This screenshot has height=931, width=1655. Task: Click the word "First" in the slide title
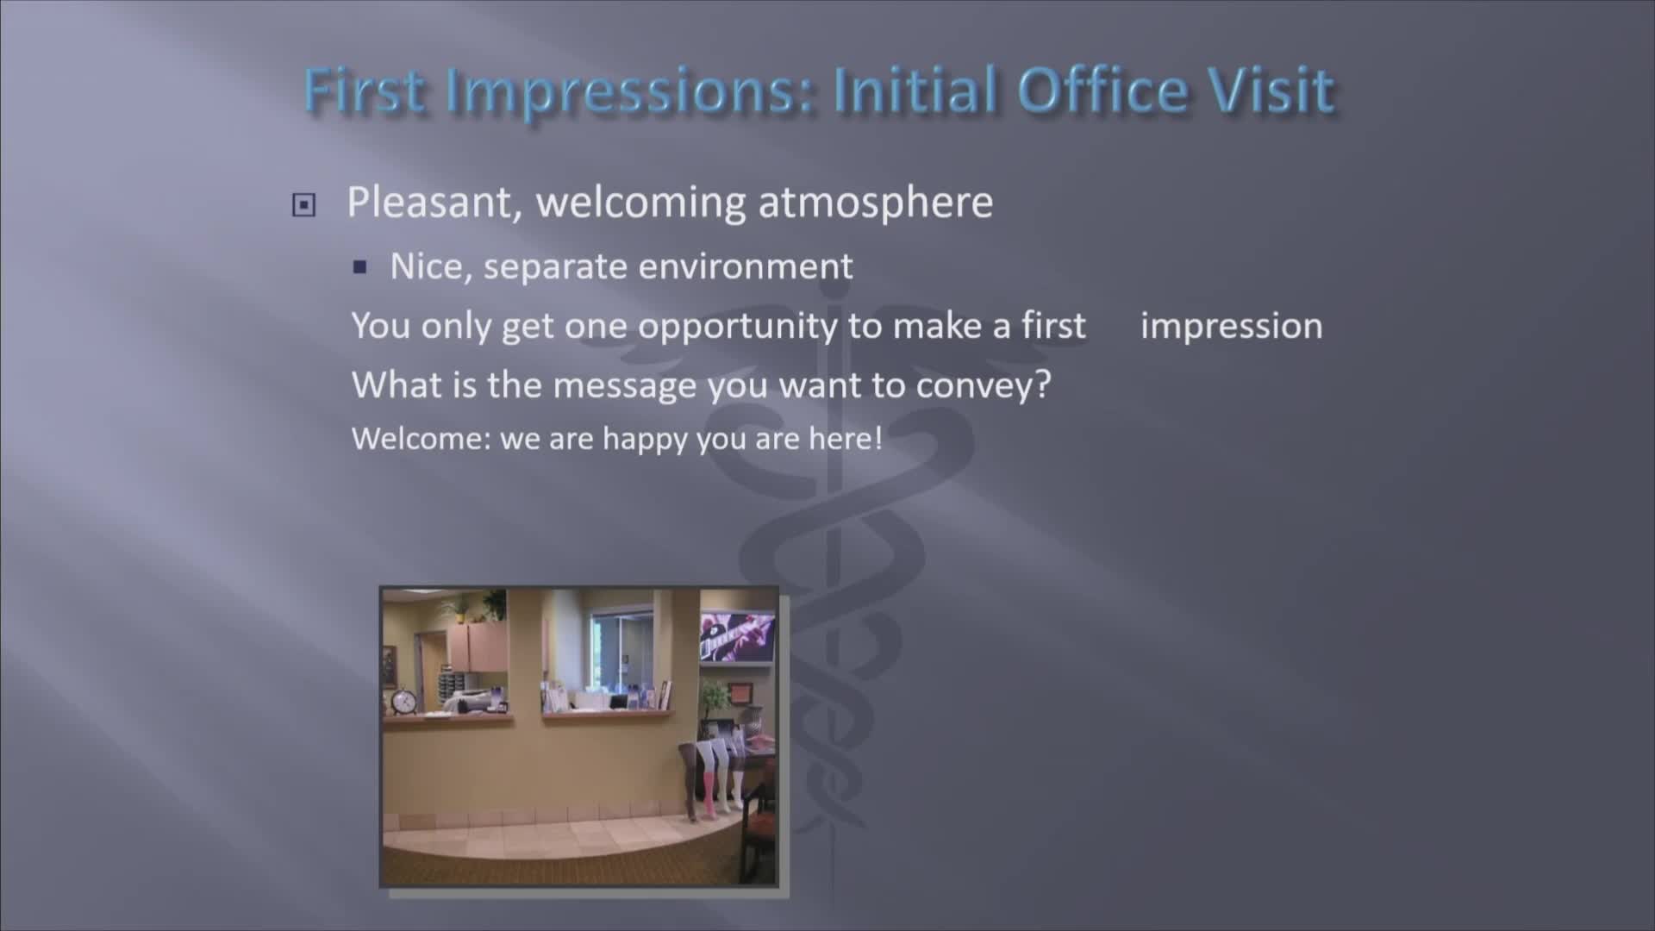click(365, 90)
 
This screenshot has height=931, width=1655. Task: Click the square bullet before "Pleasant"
click(303, 205)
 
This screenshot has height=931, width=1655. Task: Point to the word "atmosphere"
click(876, 202)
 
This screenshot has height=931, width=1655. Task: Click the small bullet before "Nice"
click(360, 267)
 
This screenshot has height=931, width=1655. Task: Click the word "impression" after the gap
click(1231, 327)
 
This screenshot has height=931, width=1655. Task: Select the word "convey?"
click(984, 385)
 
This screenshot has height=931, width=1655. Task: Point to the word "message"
click(625, 385)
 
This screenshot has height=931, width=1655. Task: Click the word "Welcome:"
click(422, 439)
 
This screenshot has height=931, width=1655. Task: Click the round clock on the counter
click(403, 702)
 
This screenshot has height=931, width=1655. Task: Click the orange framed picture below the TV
click(740, 692)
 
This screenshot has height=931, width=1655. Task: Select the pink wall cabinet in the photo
click(476, 648)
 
